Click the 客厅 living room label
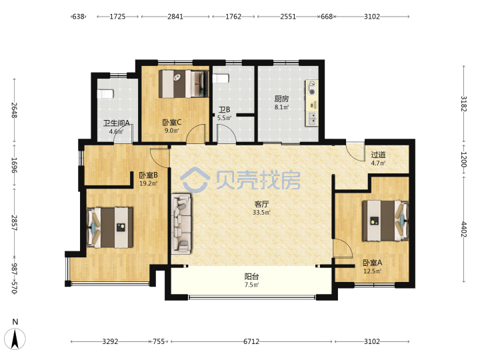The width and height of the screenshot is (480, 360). click(261, 204)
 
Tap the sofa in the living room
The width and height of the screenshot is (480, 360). click(181, 224)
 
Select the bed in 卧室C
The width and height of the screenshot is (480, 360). click(183, 84)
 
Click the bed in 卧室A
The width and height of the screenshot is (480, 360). click(385, 221)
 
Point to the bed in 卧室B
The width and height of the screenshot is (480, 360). click(110, 227)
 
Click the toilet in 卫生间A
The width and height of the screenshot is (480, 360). click(105, 94)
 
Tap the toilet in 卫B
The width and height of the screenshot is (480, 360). click(221, 79)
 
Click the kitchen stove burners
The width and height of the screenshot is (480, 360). click(312, 88)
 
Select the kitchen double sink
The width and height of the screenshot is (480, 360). click(312, 119)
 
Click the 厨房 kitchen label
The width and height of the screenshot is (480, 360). click(281, 99)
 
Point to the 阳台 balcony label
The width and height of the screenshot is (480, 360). click(251, 277)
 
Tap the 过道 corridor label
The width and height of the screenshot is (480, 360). click(378, 155)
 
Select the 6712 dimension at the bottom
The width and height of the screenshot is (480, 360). click(251, 341)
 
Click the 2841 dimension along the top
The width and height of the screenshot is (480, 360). click(175, 17)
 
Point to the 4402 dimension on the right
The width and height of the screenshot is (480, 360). click(464, 229)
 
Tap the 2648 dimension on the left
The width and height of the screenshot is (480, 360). click(15, 110)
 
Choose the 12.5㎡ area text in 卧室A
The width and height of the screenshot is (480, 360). click(372, 271)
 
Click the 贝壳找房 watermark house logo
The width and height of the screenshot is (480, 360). click(195, 179)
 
